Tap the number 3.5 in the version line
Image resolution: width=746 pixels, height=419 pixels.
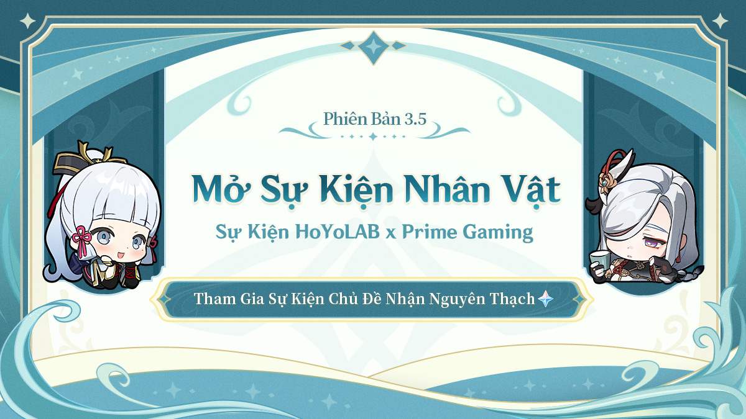tap(415, 119)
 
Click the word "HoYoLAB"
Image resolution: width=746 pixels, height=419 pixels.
tap(338, 232)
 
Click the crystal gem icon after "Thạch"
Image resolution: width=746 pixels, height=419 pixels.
tap(546, 299)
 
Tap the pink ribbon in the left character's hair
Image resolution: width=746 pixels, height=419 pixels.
tap(81, 238)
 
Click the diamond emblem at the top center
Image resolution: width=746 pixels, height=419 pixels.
tap(374, 47)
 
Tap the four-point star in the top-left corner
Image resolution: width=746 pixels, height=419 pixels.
tap(28, 21)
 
